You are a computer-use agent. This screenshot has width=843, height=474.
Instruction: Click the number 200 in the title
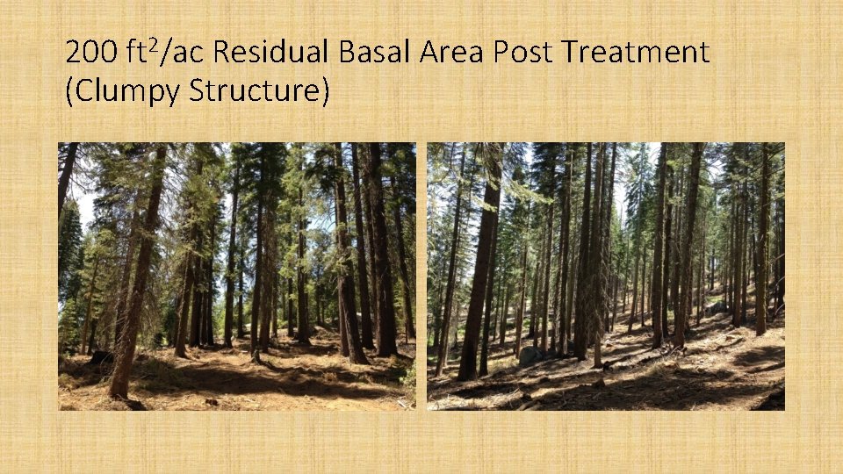pyautogui.click(x=91, y=54)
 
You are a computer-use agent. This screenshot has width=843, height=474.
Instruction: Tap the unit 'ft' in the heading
pyautogui.click(x=135, y=54)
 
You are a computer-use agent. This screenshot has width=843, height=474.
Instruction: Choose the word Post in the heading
pyautogui.click(x=523, y=54)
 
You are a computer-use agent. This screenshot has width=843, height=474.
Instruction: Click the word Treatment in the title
pyautogui.click(x=636, y=54)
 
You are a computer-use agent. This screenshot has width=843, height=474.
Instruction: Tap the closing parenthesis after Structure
pyautogui.click(x=324, y=91)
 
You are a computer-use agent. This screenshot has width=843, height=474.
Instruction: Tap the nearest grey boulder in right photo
pyautogui.click(x=530, y=356)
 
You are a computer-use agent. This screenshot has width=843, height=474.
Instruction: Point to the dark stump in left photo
pyautogui.click(x=100, y=358)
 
